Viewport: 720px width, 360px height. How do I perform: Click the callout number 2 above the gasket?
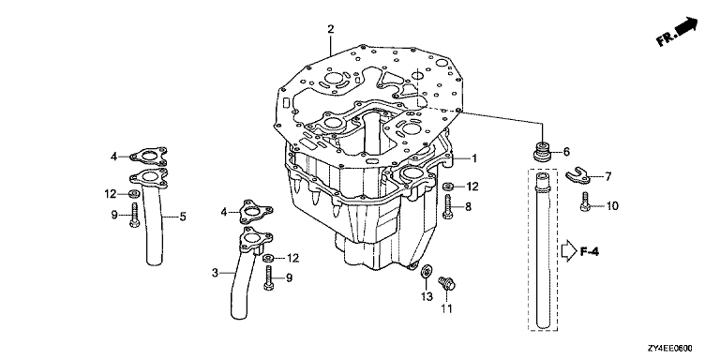pyautogui.click(x=331, y=30)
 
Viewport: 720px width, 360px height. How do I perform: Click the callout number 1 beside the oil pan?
pyautogui.click(x=474, y=158)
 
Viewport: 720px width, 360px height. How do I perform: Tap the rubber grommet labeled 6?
pyautogui.click(x=543, y=151)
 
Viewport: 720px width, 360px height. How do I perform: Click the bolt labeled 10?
pyautogui.click(x=585, y=202)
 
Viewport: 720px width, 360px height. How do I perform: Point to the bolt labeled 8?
pyautogui.click(x=448, y=206)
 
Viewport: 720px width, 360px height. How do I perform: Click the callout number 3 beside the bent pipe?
pyautogui.click(x=215, y=273)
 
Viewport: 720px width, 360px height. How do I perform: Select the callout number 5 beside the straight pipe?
pyautogui.click(x=183, y=217)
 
